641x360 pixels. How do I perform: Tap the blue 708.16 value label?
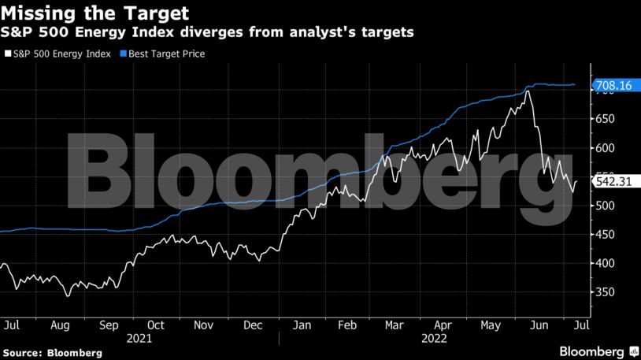point(614,85)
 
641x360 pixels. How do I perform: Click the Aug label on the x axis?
point(60,324)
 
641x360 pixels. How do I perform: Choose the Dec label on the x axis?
point(252,324)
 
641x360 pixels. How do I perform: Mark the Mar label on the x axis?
point(395,324)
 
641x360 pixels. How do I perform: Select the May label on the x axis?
point(491,324)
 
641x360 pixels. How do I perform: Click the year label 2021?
point(140,337)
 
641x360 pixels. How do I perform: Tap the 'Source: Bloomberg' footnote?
point(51,352)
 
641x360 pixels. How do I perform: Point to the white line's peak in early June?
point(527,91)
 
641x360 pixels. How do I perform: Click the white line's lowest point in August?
point(68,295)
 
